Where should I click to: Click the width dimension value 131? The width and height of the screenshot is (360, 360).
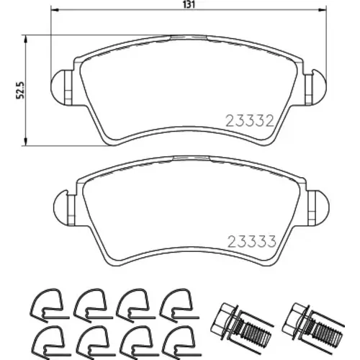(x=189, y=4)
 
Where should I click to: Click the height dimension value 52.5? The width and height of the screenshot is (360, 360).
(x=20, y=90)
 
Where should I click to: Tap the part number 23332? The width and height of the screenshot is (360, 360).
(x=250, y=121)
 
